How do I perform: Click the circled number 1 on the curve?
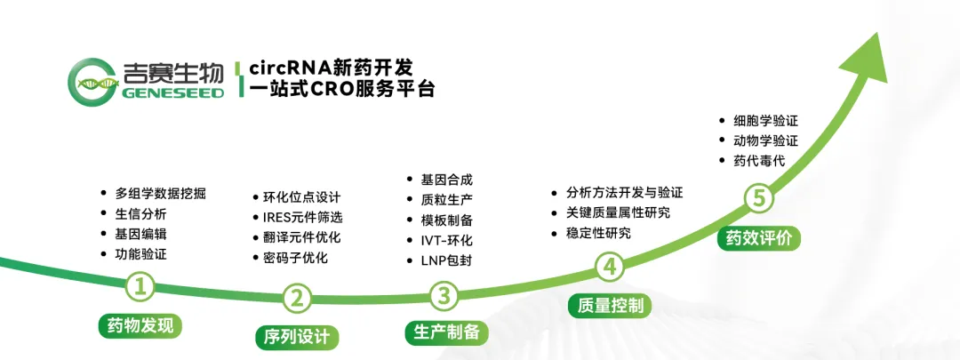(140, 286)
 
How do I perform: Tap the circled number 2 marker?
(297, 298)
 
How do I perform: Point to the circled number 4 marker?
(610, 267)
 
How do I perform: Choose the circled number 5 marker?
(758, 200)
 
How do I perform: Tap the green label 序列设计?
(297, 337)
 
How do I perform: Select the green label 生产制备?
(446, 332)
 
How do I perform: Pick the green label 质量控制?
(610, 305)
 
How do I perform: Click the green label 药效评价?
(758, 238)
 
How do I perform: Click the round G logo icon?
(92, 80)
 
